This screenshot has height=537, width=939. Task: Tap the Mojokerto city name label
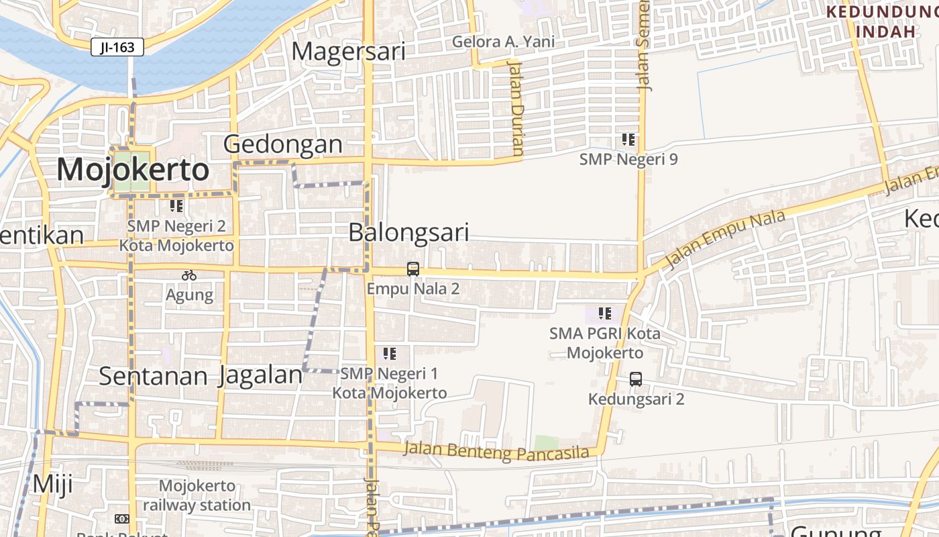pyautogui.click(x=133, y=170)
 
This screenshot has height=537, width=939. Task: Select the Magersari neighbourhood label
pyautogui.click(x=349, y=52)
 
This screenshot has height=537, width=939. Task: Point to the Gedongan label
pyautogui.click(x=282, y=144)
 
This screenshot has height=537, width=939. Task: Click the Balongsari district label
pyautogui.click(x=408, y=232)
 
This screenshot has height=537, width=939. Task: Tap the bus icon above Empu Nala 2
pyautogui.click(x=413, y=269)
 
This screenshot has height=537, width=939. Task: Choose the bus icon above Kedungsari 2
pyautogui.click(x=636, y=379)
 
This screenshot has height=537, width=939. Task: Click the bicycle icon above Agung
pyautogui.click(x=189, y=275)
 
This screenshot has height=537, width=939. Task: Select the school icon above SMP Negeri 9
pyautogui.click(x=628, y=140)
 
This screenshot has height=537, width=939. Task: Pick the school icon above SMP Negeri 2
pyautogui.click(x=176, y=206)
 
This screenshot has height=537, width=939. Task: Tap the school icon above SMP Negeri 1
pyautogui.click(x=390, y=353)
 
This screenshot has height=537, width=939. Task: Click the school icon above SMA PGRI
pyautogui.click(x=605, y=313)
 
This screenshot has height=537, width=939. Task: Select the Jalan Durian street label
pyautogui.click(x=516, y=107)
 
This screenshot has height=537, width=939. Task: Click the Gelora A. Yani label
pyautogui.click(x=503, y=42)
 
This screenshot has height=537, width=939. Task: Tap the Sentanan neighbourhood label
pyautogui.click(x=153, y=377)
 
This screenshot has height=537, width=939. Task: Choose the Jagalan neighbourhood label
pyautogui.click(x=260, y=375)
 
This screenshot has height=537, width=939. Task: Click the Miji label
pyautogui.click(x=52, y=483)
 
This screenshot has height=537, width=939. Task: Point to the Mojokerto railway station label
pyautogui.click(x=197, y=495)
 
